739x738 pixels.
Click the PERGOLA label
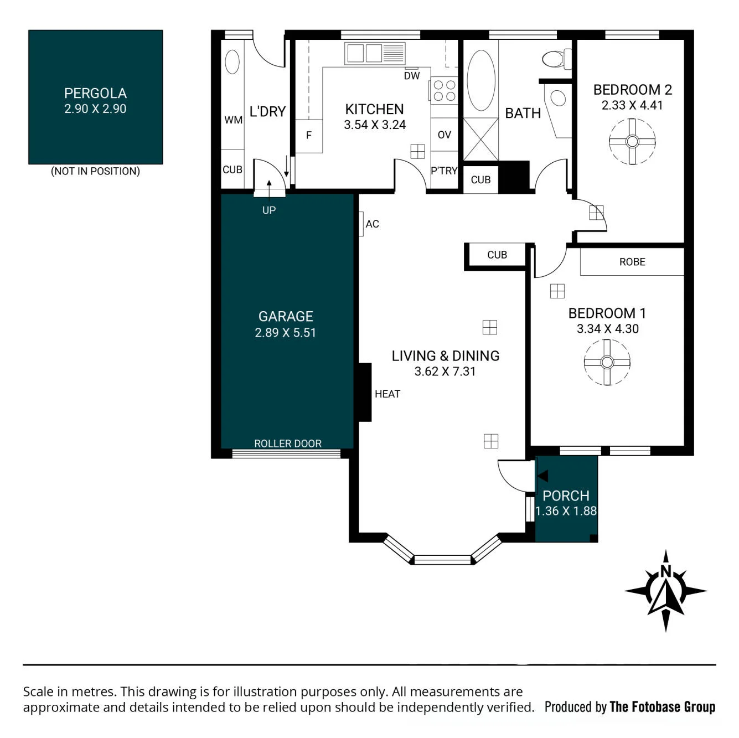[x=95, y=93]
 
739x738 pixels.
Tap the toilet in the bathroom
[x=556, y=59]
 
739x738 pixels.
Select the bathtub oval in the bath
[x=481, y=80]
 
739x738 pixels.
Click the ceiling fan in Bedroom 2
[x=632, y=142]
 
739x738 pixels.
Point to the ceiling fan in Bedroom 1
[x=607, y=362]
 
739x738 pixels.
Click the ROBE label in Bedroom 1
[x=632, y=262]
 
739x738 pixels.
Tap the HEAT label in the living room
[x=387, y=394]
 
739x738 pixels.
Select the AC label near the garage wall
[x=372, y=224]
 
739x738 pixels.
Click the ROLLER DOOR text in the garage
[x=288, y=443]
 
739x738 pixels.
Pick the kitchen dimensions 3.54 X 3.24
[x=374, y=125]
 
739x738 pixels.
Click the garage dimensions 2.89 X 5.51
[x=285, y=332]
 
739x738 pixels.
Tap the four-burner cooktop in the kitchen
[x=444, y=90]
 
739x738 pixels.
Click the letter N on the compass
[x=666, y=572]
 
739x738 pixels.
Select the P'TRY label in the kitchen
[x=444, y=171]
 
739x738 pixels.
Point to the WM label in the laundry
[x=233, y=120]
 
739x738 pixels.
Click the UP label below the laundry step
[x=269, y=210]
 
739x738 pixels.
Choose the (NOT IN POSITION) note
[x=96, y=171]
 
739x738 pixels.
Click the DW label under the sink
[x=411, y=76]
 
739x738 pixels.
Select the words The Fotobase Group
[x=662, y=706]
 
